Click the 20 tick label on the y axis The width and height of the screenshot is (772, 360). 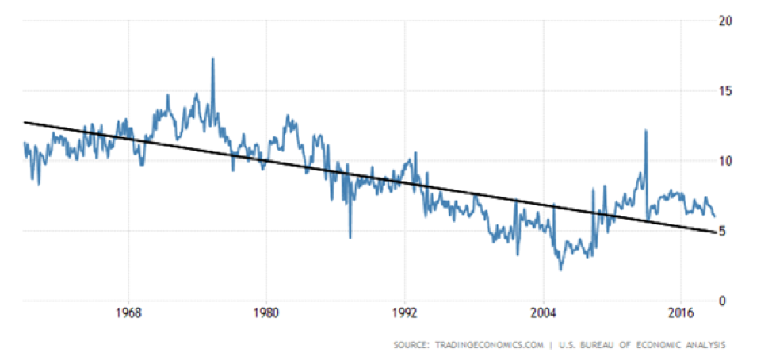tap(723, 21)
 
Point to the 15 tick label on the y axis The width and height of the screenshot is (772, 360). tap(723, 91)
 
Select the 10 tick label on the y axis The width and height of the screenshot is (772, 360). tap(723, 161)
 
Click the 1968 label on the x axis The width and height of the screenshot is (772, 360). tap(128, 313)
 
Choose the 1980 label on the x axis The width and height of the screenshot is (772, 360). tap(266, 313)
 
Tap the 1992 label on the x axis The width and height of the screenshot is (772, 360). tap(405, 313)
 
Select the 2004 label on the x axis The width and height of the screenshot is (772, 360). tap(544, 313)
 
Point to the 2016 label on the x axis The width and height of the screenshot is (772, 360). tap(682, 313)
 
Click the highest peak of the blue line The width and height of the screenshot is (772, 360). tap(212, 59)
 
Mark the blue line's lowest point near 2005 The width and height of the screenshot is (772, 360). tap(560, 270)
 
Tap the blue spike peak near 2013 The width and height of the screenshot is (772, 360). tap(646, 131)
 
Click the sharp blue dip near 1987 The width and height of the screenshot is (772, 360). tap(350, 236)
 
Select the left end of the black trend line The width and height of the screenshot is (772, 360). tap(25, 121)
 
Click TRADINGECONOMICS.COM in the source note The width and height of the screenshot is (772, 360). tap(483, 345)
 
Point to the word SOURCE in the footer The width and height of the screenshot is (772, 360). tap(410, 345)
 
